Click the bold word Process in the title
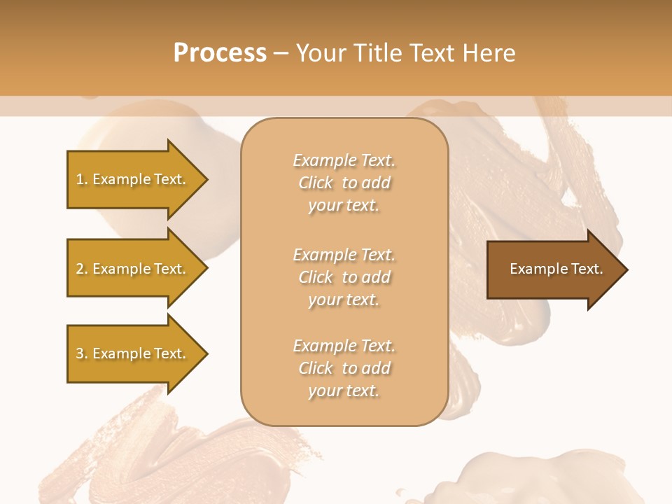(220, 53)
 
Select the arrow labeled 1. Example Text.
(133, 179)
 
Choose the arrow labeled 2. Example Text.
(133, 269)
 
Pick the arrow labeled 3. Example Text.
(133, 353)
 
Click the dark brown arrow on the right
(553, 269)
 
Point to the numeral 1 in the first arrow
(79, 179)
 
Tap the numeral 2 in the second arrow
(80, 269)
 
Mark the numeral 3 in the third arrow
(80, 353)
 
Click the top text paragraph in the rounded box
(344, 183)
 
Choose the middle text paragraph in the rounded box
(344, 277)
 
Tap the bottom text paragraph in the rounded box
(344, 368)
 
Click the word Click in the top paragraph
(316, 183)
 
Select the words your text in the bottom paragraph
(344, 391)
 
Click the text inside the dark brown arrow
(556, 269)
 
